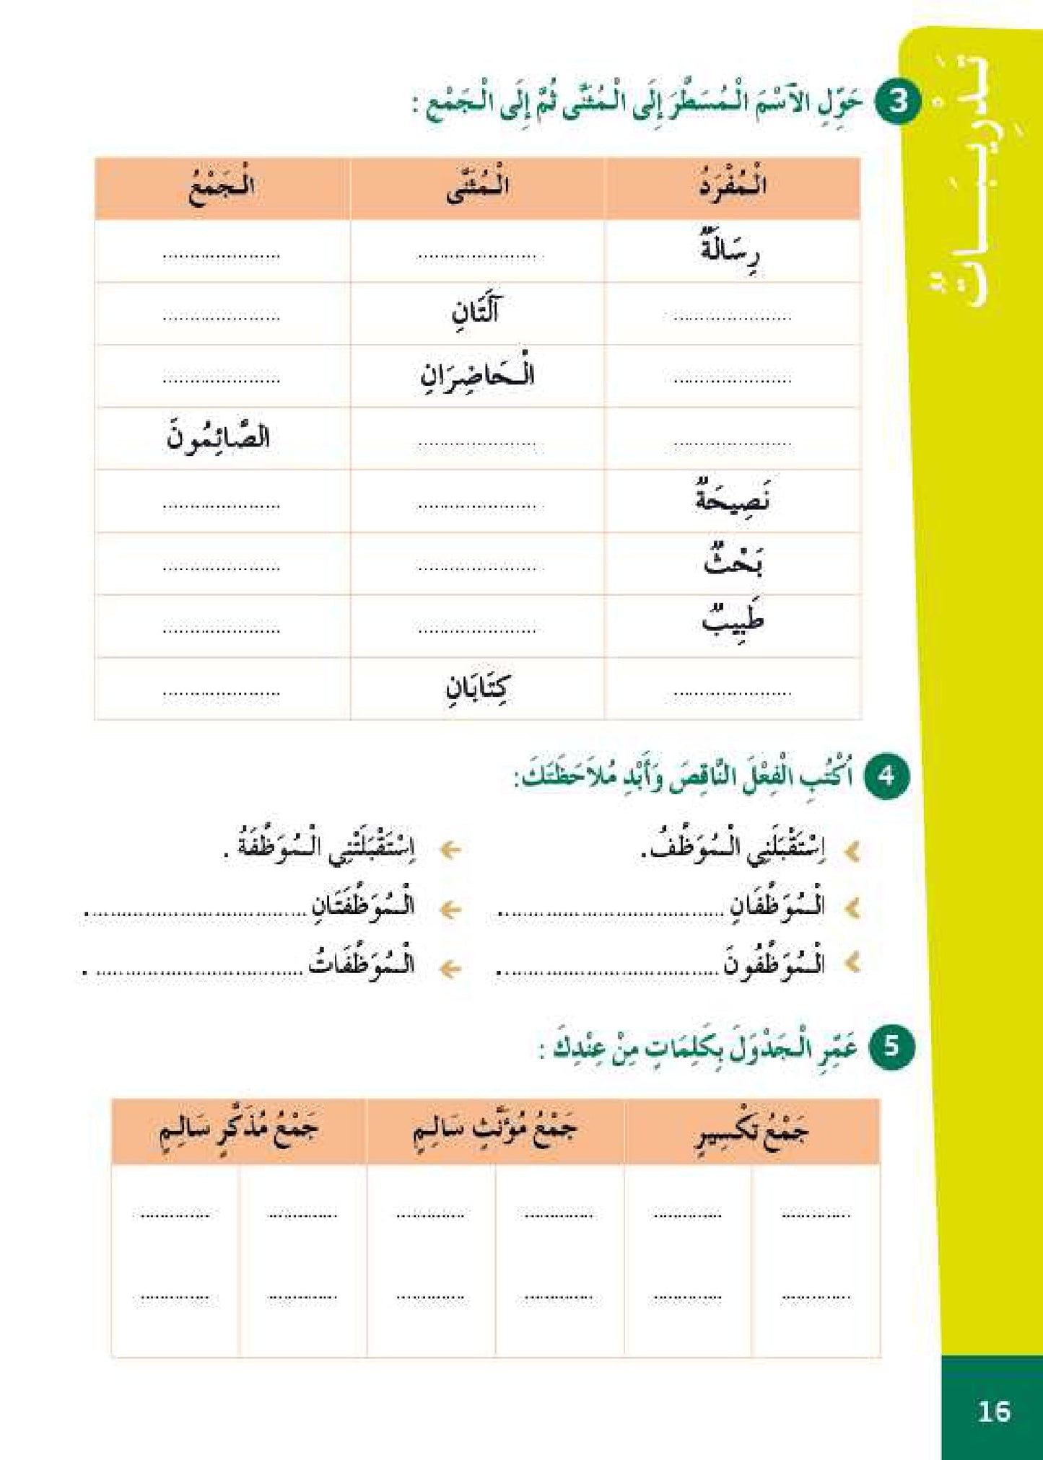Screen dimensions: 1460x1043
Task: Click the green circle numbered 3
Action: pos(898,102)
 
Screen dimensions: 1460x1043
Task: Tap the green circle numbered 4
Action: pos(886,776)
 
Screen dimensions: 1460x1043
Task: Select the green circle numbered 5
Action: pos(891,1046)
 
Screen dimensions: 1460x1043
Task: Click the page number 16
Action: pos(993,1411)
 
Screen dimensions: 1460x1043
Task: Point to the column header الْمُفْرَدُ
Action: pos(732,186)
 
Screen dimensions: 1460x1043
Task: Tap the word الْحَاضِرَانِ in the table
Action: pos(477,375)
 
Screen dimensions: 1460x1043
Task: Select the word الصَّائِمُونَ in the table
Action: pos(218,438)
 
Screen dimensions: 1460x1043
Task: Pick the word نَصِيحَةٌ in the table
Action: pos(732,499)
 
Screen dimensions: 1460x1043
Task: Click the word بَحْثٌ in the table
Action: pos(733,562)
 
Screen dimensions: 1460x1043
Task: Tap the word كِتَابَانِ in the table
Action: pos(477,687)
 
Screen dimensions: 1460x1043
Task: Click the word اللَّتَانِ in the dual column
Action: pos(476,312)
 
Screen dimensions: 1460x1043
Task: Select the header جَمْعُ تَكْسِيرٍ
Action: pos(751,1132)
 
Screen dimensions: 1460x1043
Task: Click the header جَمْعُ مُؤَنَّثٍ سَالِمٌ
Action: pos(495,1130)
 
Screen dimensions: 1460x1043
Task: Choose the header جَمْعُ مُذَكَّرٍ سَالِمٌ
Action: pos(238,1130)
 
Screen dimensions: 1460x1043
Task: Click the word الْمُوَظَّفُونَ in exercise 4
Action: pos(774,965)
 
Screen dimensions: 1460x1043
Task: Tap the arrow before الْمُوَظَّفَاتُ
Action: pos(450,968)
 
